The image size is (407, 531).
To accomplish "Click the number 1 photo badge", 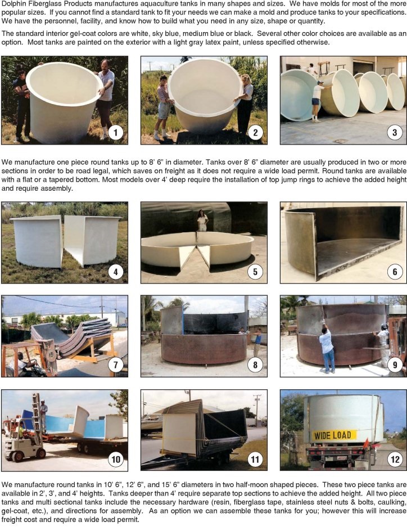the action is [x=115, y=132].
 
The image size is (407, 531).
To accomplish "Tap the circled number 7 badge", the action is [x=116, y=364].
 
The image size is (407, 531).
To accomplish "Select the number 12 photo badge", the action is [x=395, y=459].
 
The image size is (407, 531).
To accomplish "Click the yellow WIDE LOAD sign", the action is [x=333, y=435].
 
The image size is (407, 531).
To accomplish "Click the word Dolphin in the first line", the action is [x=13, y=3].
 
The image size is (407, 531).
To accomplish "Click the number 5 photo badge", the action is [x=255, y=271].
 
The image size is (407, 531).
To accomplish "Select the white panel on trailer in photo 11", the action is [x=180, y=434].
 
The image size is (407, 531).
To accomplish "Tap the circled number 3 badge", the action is [x=395, y=132].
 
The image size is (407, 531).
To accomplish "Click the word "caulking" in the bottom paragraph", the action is [x=392, y=502].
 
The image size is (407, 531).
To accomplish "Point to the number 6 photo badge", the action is [x=395, y=271].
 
